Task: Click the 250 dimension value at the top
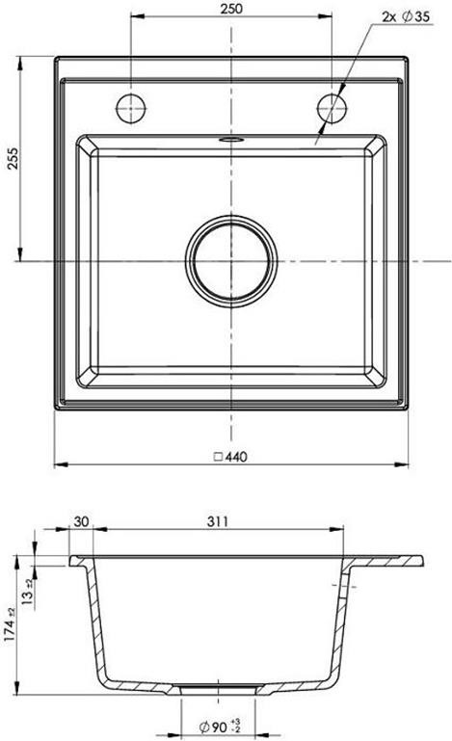tap(231, 8)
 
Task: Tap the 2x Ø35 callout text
tap(406, 17)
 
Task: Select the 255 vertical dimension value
tap(13, 158)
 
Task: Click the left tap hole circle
tap(130, 108)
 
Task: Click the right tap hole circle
tap(332, 108)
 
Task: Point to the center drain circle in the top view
tap(231, 261)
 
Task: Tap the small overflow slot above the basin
tap(231, 140)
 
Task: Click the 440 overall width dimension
tap(236, 457)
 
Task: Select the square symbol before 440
tap(219, 457)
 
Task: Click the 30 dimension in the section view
tap(81, 521)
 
